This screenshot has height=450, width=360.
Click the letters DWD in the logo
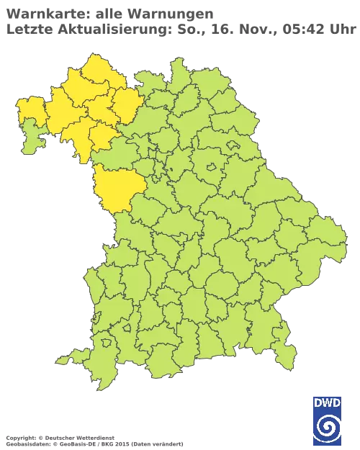(328, 402)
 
